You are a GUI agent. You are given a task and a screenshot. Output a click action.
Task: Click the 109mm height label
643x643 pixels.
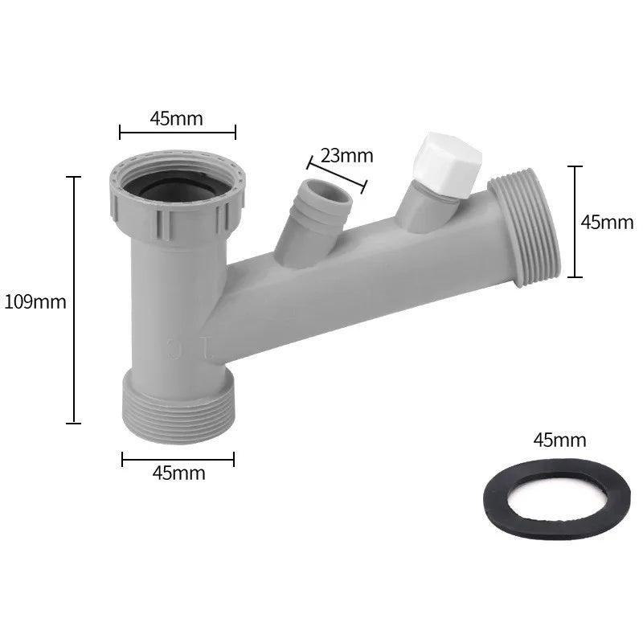click(35, 302)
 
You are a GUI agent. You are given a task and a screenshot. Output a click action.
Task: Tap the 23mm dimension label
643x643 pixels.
click(346, 155)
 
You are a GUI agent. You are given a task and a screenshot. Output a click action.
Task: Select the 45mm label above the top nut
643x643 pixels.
click(177, 118)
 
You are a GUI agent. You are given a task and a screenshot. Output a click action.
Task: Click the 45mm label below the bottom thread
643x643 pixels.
click(178, 473)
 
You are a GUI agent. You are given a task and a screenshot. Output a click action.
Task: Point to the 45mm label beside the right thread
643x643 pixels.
click(607, 223)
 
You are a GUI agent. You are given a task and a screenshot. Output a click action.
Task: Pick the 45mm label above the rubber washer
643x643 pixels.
click(559, 440)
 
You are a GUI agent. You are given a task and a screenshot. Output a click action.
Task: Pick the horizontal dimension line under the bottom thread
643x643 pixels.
click(178, 459)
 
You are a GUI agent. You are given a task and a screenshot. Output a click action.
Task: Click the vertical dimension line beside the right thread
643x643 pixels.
click(574, 221)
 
